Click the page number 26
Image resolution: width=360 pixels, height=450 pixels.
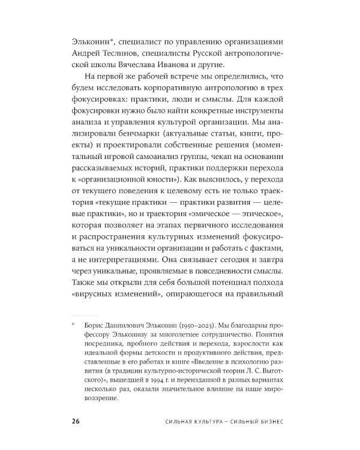tap(76, 421)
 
